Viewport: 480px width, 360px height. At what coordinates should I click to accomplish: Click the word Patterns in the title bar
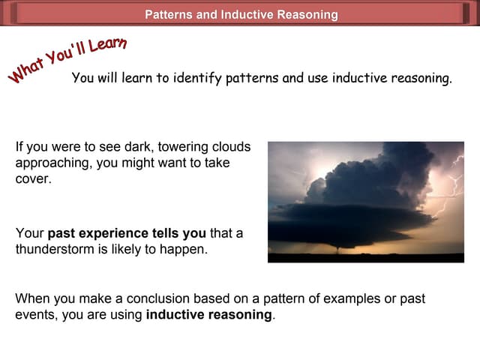coord(170,14)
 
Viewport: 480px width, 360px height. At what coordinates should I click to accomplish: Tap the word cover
coord(33,179)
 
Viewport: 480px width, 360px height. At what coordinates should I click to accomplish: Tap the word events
coord(34,315)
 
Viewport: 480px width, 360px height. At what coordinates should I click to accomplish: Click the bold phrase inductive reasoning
coord(208,315)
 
